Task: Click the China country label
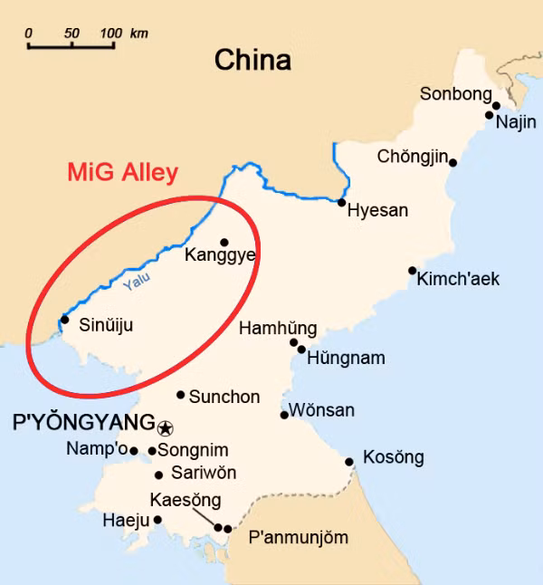click(252, 61)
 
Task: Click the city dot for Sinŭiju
click(64, 319)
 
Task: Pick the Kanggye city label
click(220, 256)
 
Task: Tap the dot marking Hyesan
click(342, 203)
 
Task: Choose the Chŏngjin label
click(413, 158)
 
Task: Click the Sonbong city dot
click(496, 106)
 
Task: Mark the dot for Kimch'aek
click(412, 271)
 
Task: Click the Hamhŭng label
click(278, 329)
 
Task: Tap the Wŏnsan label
click(322, 411)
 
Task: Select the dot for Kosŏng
click(349, 462)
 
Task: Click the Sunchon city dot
click(181, 395)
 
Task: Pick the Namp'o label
click(96, 449)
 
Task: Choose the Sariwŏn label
click(204, 473)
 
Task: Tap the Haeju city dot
click(157, 520)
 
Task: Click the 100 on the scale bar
click(110, 34)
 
